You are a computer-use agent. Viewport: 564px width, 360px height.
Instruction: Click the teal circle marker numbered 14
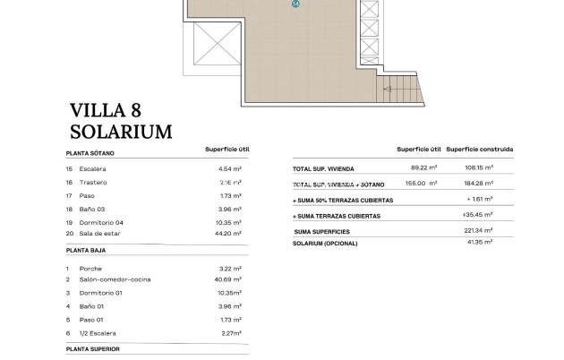(295, 4)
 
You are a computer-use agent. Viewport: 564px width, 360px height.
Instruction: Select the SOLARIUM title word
(121, 132)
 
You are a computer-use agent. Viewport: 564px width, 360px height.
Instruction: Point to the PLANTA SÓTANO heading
(90, 153)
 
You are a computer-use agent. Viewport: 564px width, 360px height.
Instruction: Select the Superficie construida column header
(483, 150)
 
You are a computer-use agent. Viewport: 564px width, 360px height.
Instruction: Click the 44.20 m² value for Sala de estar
(230, 234)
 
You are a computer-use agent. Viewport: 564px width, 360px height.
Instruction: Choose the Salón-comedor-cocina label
(115, 279)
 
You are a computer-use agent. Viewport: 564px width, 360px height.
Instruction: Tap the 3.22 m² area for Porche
(231, 268)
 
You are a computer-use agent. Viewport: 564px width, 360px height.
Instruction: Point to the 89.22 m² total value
(424, 167)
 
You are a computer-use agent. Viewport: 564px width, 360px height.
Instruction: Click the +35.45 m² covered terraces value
(489, 216)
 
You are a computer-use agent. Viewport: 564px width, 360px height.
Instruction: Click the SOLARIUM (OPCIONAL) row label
(331, 243)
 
